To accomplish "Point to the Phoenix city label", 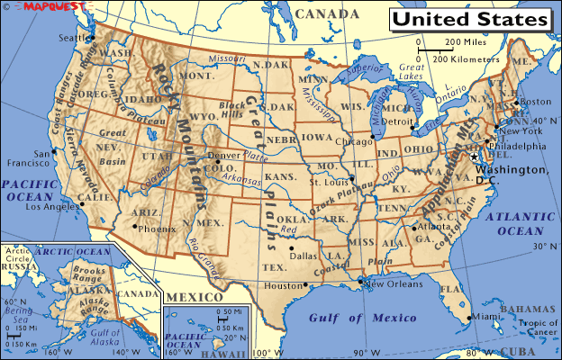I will point(158,229).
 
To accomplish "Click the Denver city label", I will point(223,155).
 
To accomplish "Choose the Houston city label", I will point(281,285).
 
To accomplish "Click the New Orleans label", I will point(393,284).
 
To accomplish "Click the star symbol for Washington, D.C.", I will point(474,157).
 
